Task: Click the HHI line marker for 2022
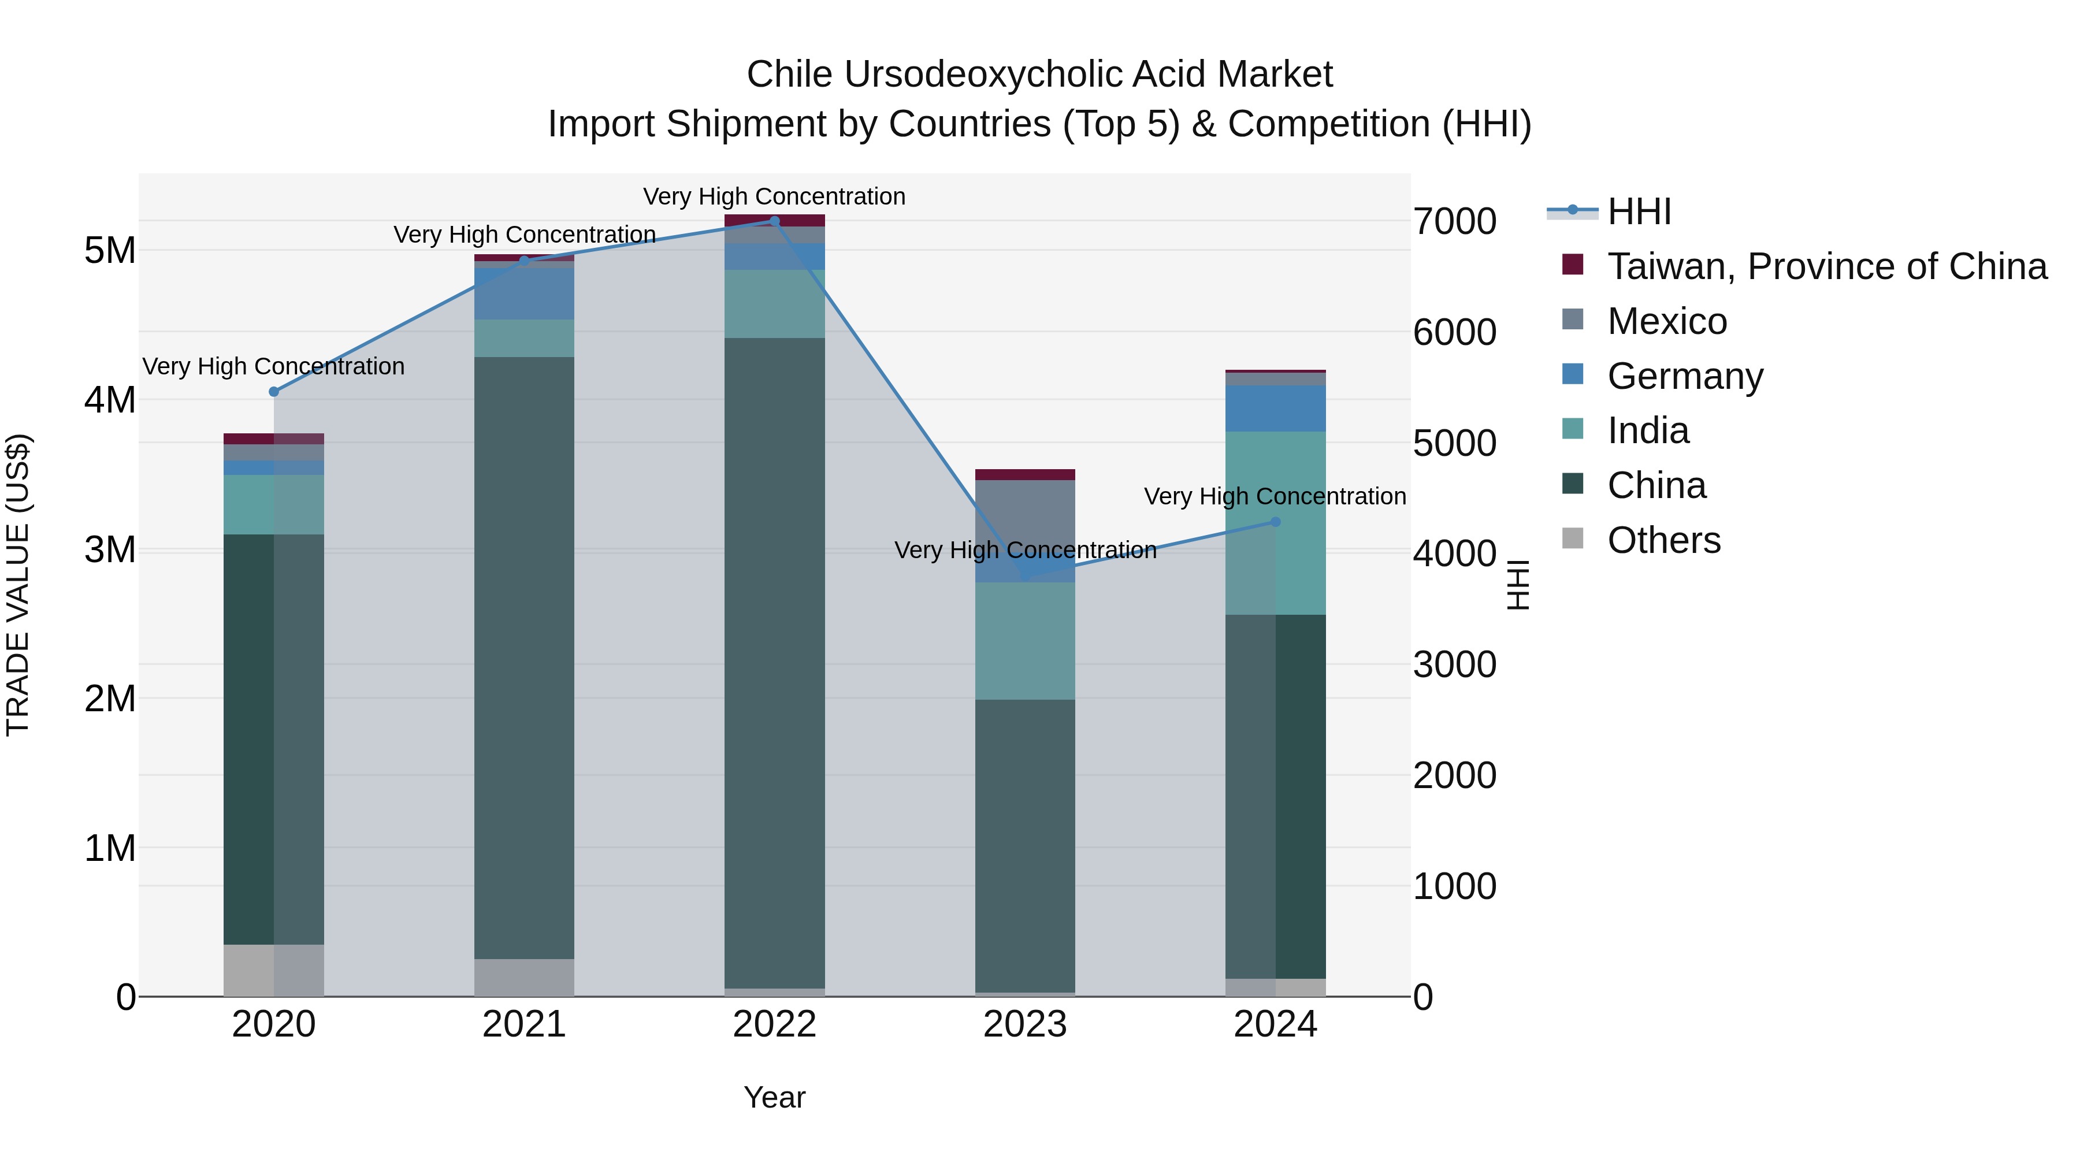[x=774, y=221]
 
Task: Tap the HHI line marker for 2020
[x=274, y=392]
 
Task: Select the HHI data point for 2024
[x=1276, y=522]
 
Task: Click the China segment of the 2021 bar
[x=524, y=658]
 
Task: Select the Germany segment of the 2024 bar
[x=1276, y=408]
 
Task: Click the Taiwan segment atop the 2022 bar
[x=774, y=221]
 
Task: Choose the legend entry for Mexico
[x=1666, y=321]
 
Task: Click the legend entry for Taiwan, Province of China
[x=1826, y=266]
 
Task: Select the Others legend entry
[x=1663, y=540]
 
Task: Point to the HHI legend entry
[x=1639, y=211]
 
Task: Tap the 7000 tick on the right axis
[x=1454, y=222]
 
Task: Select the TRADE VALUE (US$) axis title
[x=18, y=585]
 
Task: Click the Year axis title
[x=774, y=1097]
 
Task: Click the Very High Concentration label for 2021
[x=524, y=235]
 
